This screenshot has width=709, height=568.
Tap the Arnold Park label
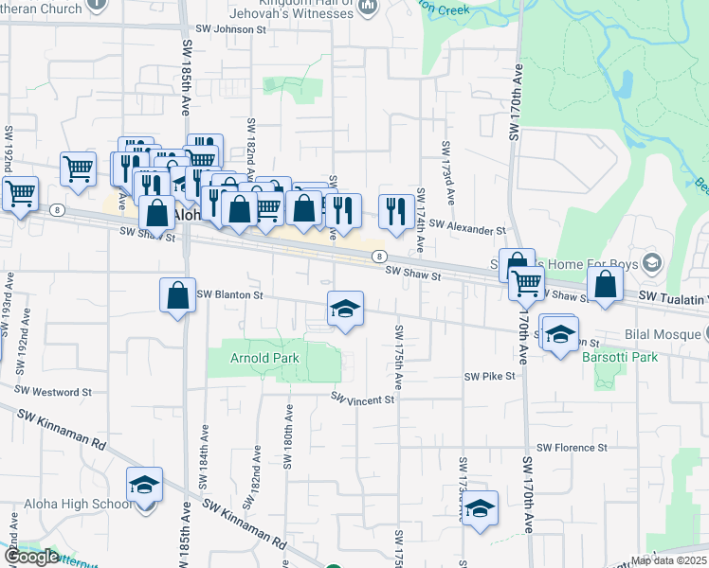point(264,358)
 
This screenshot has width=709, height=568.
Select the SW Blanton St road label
point(229,294)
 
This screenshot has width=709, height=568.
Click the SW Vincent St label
point(362,399)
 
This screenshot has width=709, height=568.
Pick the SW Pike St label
point(489,376)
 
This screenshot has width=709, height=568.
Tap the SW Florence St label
point(572,447)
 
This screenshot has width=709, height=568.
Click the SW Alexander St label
point(467,229)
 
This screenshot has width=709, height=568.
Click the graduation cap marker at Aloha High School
point(145,484)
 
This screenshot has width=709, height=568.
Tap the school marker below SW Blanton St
point(345,307)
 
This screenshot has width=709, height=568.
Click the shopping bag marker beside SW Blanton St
point(177,295)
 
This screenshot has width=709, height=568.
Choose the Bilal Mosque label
point(662,335)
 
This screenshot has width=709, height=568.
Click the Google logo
point(30,557)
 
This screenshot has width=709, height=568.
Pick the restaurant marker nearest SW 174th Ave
point(395,210)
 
